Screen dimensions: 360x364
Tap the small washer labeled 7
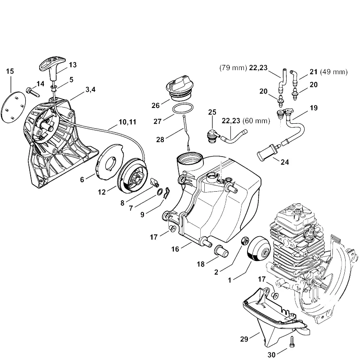(160, 192)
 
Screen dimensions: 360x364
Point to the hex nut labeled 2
(245, 241)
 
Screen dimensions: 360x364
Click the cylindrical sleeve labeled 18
(222, 251)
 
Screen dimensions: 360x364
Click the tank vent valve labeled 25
(212, 135)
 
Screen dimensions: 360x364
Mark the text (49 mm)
(334, 72)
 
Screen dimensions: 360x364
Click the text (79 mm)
(233, 68)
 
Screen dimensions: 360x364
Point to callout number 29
(244, 339)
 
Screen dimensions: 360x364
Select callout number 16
(175, 249)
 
